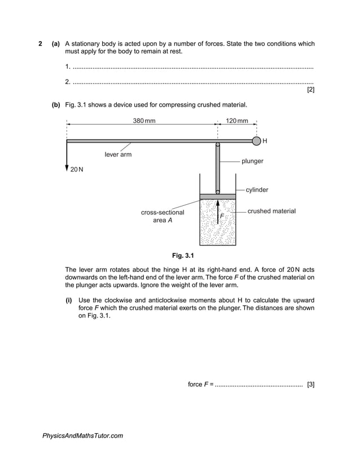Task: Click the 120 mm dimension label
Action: point(236,121)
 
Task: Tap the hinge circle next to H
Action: point(256,140)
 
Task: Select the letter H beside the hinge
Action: point(265,141)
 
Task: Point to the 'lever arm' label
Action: point(118,155)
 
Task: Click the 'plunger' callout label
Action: point(252,161)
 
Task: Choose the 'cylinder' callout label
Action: point(257,190)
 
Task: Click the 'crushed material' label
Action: point(271,211)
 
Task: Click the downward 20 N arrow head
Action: point(67,168)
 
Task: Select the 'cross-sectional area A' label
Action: point(163,216)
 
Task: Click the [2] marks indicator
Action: point(310,90)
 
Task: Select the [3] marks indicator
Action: point(310,384)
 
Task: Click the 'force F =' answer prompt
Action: point(200,384)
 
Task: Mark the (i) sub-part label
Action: point(69,300)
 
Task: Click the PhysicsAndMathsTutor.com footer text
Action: point(82,435)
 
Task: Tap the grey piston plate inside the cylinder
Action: point(218,196)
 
